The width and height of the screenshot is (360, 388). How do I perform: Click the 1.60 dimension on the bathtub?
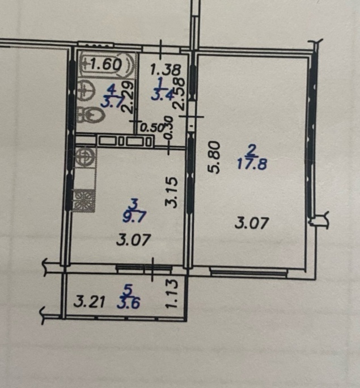(x=105, y=65)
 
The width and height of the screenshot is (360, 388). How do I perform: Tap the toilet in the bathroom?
(x=90, y=114)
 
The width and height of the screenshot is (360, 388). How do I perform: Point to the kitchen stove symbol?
(x=84, y=201)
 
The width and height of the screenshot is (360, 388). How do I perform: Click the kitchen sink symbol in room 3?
(x=85, y=157)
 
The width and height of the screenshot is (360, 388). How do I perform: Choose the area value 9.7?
(x=134, y=217)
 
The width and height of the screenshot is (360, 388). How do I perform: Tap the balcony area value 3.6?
(x=129, y=302)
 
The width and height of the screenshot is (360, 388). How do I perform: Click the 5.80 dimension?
(x=214, y=157)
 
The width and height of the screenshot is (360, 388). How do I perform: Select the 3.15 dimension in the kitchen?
(x=171, y=192)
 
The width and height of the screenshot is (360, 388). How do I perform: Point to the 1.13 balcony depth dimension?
(x=171, y=293)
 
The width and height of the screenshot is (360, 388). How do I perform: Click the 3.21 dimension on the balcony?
(x=89, y=302)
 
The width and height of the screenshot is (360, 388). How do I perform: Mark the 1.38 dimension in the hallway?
(x=166, y=70)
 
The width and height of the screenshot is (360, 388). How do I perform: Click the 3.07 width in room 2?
(x=252, y=223)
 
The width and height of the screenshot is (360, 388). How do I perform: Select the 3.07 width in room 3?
(x=134, y=240)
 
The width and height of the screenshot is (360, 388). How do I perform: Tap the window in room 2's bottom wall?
(x=248, y=272)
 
